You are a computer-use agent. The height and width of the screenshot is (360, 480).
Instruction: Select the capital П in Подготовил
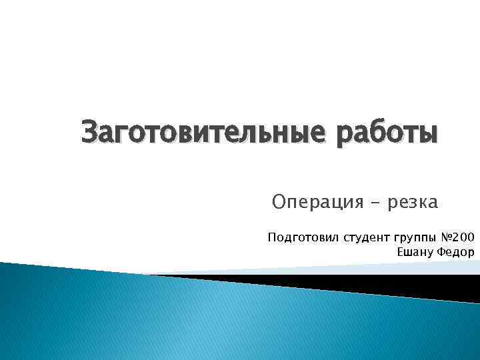(271, 237)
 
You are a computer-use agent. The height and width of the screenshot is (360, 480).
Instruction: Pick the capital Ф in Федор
(438, 251)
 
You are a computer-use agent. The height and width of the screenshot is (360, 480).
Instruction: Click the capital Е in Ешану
(400, 251)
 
